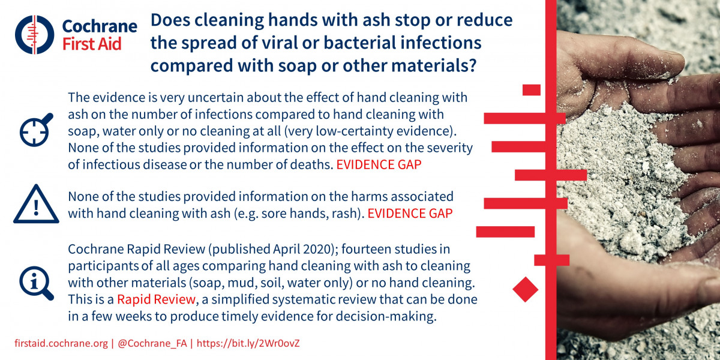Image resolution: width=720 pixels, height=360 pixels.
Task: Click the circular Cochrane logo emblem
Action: tap(34, 35)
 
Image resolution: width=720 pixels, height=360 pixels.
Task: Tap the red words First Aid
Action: tap(92, 44)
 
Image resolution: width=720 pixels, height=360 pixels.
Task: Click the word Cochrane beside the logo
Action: tap(100, 26)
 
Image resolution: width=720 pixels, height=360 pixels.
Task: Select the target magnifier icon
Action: tap(36, 130)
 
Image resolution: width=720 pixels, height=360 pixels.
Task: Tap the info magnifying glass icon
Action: tap(37, 283)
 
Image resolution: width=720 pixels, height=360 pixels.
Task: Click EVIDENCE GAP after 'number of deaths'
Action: tap(379, 164)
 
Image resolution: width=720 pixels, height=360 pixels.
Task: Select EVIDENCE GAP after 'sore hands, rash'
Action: tap(410, 214)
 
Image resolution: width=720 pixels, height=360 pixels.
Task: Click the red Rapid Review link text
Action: tap(156, 299)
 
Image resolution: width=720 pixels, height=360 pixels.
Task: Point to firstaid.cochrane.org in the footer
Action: tap(61, 343)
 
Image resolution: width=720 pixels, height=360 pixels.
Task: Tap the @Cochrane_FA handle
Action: tap(152, 343)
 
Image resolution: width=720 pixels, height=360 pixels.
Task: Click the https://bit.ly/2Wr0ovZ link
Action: tap(248, 343)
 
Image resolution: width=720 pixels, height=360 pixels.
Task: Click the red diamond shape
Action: tap(525, 289)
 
